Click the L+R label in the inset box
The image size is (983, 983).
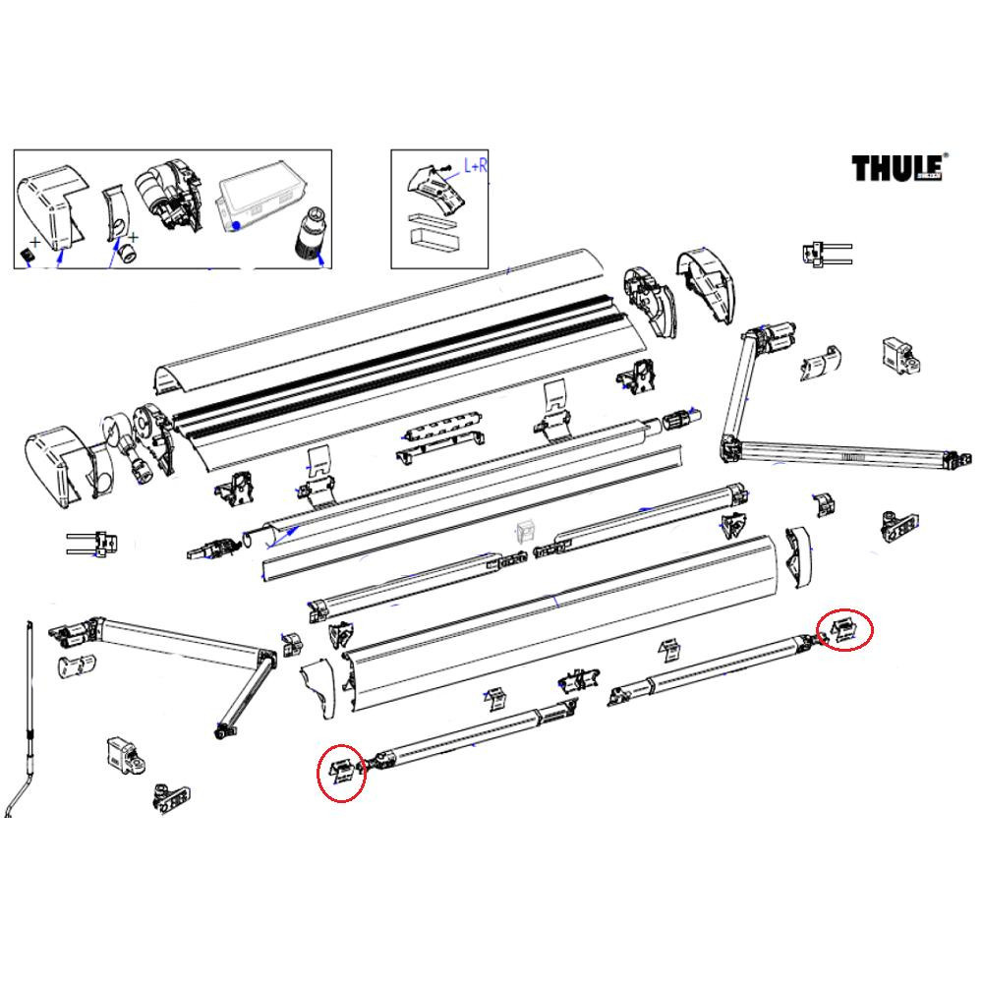475,168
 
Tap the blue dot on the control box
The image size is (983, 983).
237,225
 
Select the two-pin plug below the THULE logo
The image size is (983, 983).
825,254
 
